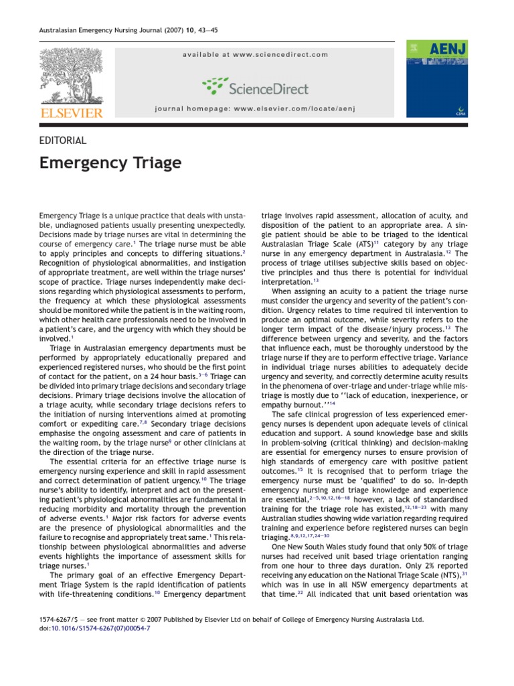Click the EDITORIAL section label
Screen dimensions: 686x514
pos(64,141)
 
